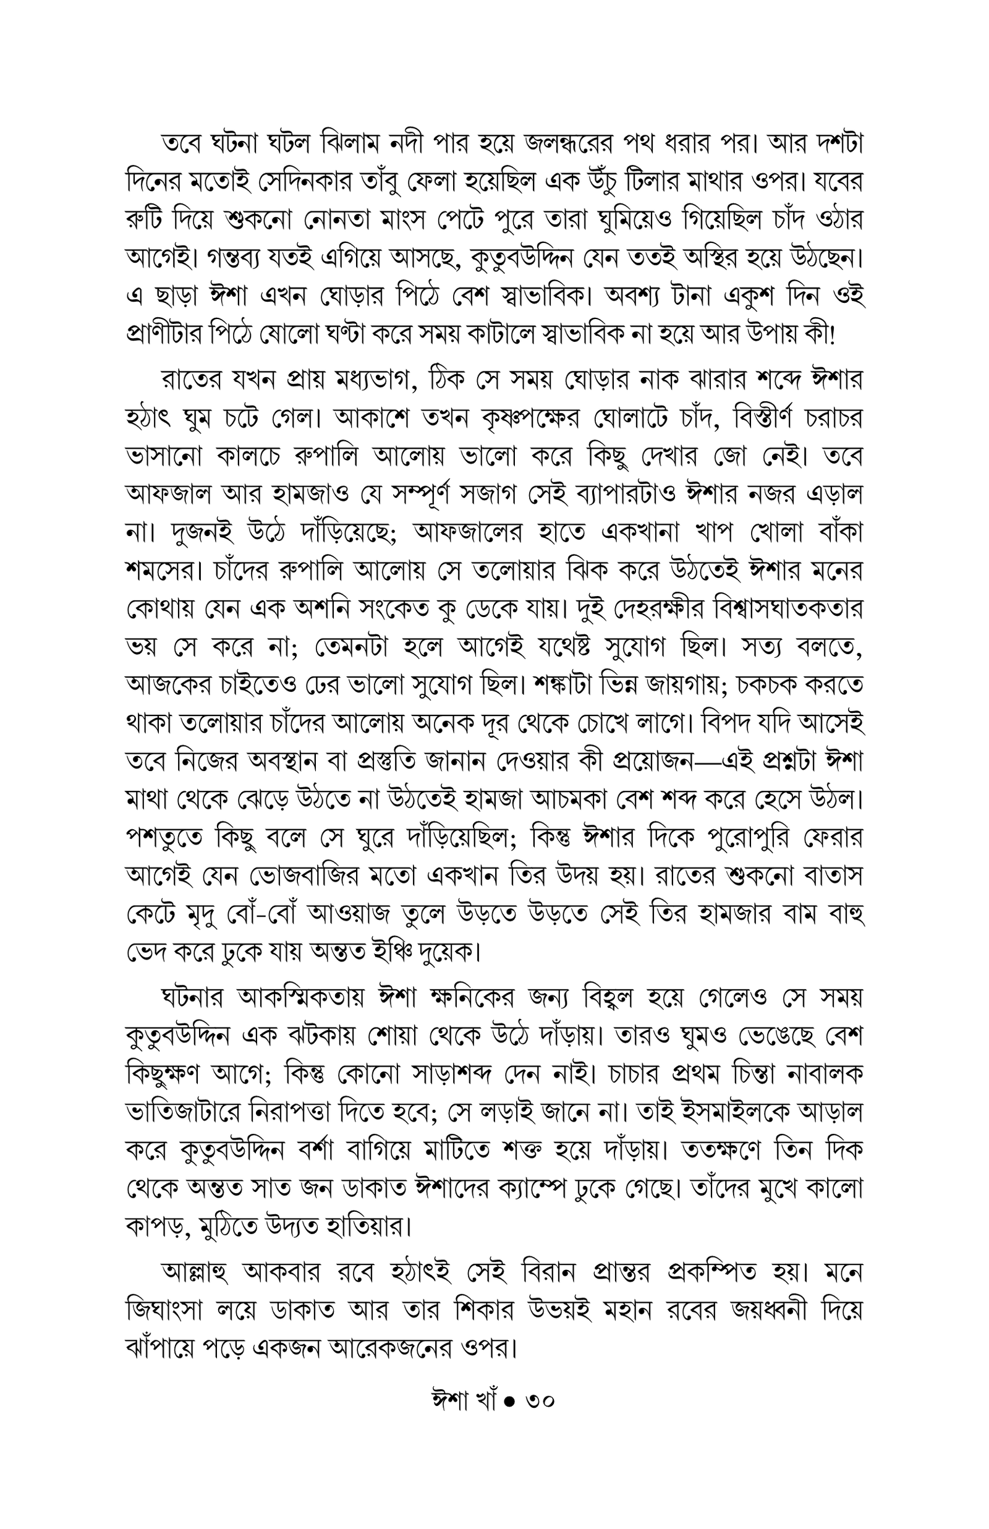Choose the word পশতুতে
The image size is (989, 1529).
166,838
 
